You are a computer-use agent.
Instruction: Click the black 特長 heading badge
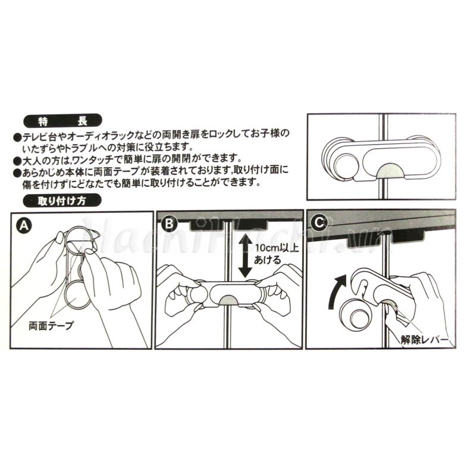click(x=62, y=121)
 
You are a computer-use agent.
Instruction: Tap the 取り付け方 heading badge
click(x=62, y=201)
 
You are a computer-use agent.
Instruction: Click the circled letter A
click(x=24, y=226)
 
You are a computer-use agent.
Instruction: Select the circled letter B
click(x=169, y=224)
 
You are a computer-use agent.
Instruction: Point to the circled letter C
click(x=319, y=223)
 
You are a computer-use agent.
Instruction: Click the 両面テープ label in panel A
click(x=51, y=325)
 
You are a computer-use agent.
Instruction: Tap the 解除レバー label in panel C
click(x=424, y=340)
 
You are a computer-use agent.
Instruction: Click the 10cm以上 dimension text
click(x=277, y=248)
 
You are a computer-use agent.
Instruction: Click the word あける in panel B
click(x=267, y=260)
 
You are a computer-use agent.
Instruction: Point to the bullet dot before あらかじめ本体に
click(x=17, y=173)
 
